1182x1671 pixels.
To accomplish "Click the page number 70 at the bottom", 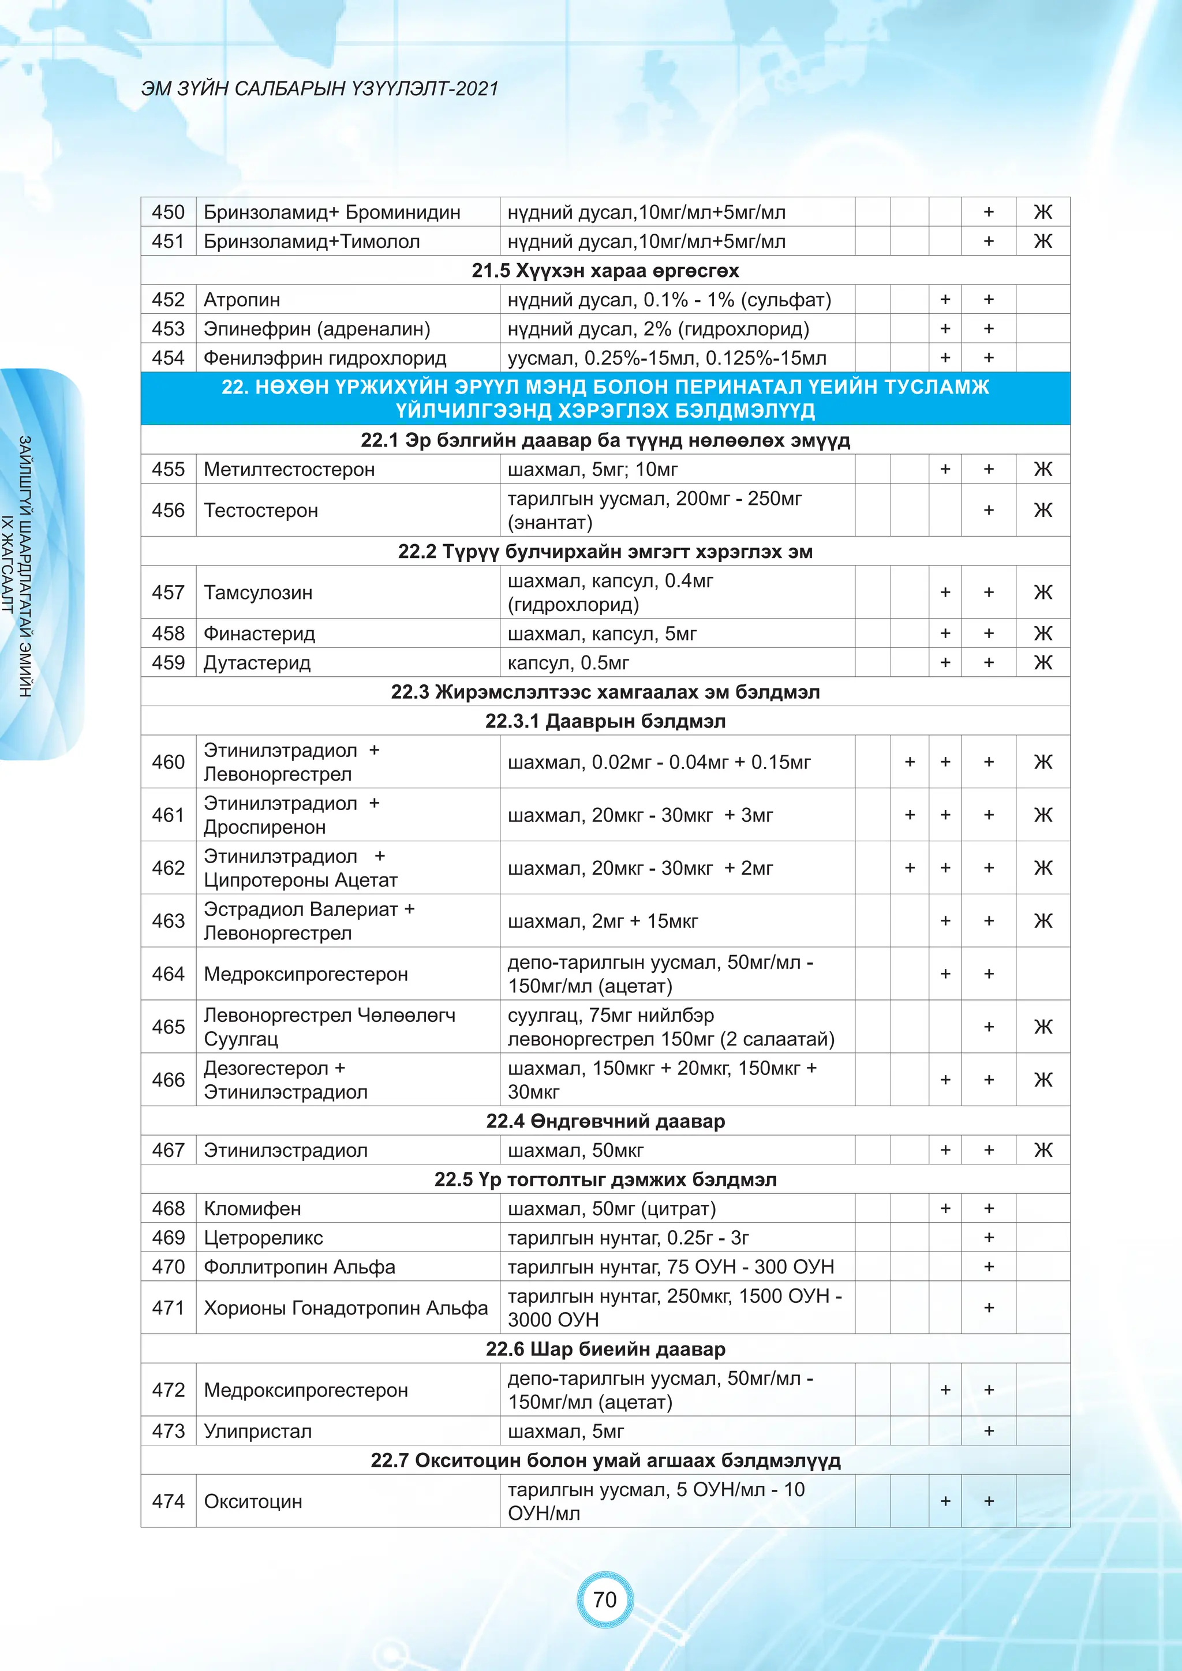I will [x=604, y=1599].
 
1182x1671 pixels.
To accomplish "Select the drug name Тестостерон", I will [x=260, y=510].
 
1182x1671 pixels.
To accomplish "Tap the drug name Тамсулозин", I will [x=257, y=593].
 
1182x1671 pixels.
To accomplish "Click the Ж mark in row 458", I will [x=1042, y=633].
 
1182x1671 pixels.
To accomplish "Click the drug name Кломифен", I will [x=252, y=1208].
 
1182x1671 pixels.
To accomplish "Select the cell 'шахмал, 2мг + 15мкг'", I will [x=603, y=921].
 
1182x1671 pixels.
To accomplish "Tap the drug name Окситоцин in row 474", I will [x=253, y=1501].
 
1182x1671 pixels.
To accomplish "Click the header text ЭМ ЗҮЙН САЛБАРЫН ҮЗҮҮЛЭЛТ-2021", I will [x=320, y=89].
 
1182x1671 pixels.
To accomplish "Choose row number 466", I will [x=168, y=1080].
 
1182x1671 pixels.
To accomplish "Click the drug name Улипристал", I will [x=257, y=1431].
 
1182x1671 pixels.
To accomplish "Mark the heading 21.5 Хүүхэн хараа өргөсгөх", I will [x=605, y=270].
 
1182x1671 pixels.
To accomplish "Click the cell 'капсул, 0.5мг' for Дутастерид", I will [x=568, y=662].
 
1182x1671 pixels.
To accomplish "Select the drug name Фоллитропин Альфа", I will [x=299, y=1267].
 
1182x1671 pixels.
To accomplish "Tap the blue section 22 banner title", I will [x=605, y=398].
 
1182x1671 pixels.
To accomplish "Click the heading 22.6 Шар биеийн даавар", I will [x=605, y=1348].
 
